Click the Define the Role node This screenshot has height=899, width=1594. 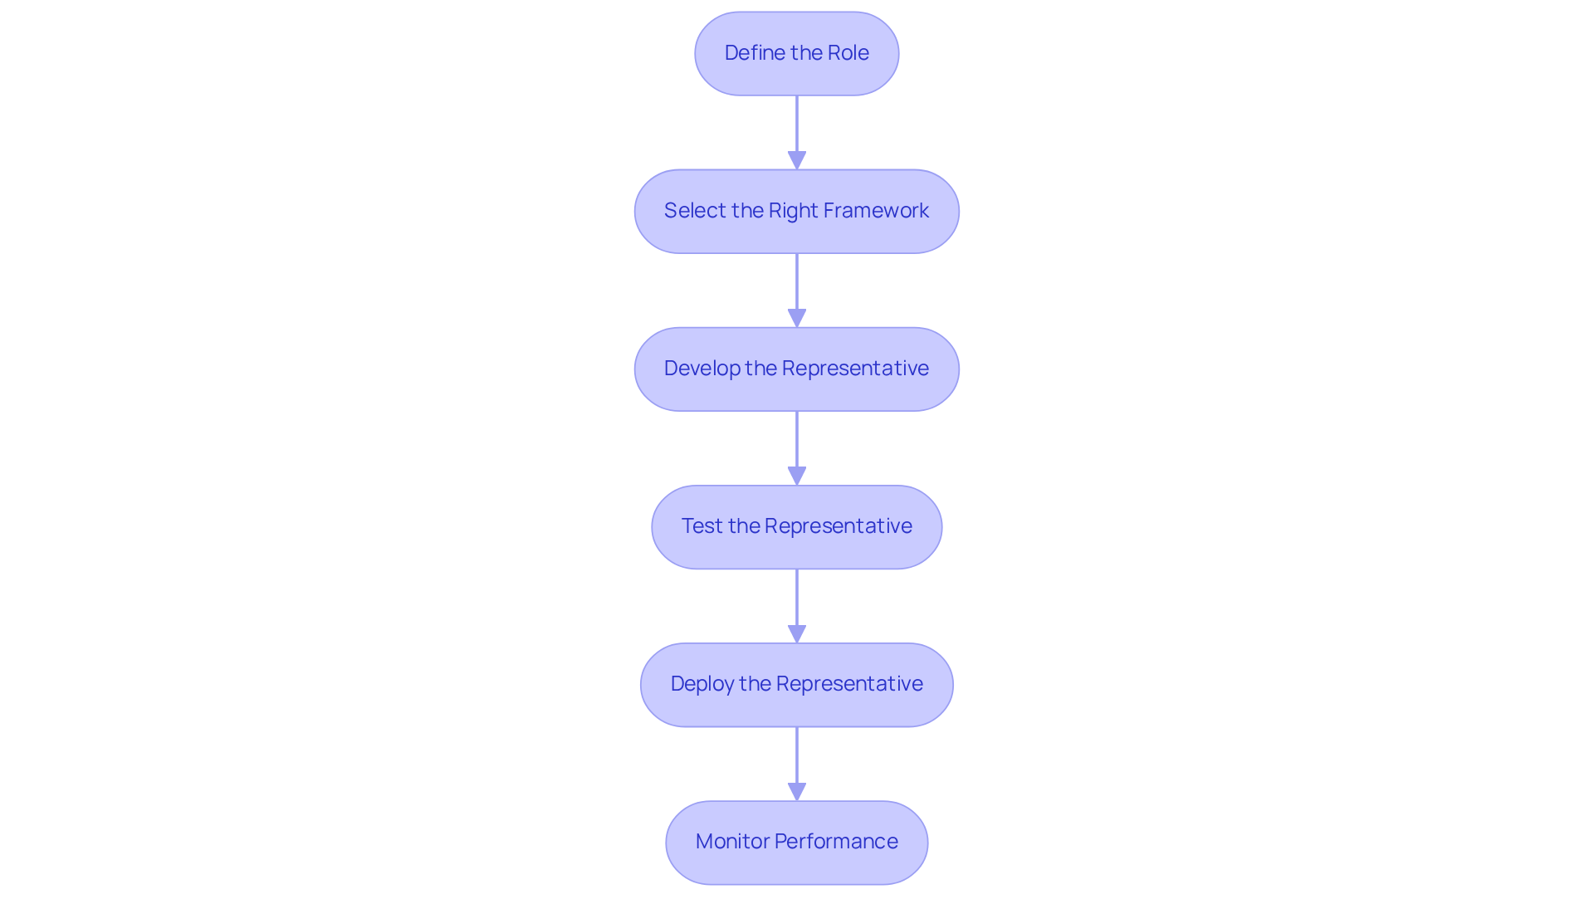click(796, 53)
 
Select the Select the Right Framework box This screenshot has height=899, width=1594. click(796, 211)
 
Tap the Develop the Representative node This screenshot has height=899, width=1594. click(796, 369)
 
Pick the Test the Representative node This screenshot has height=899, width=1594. click(796, 526)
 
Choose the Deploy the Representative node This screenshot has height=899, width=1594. click(796, 684)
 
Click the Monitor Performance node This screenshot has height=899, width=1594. click(796, 842)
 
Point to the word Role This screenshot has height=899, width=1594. click(848, 53)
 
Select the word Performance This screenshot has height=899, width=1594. click(836, 842)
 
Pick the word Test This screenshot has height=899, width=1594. click(702, 526)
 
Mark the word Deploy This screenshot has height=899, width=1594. click(702, 684)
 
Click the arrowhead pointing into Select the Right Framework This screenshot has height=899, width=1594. click(797, 160)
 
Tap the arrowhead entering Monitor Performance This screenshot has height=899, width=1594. click(797, 791)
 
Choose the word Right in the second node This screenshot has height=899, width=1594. click(794, 211)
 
